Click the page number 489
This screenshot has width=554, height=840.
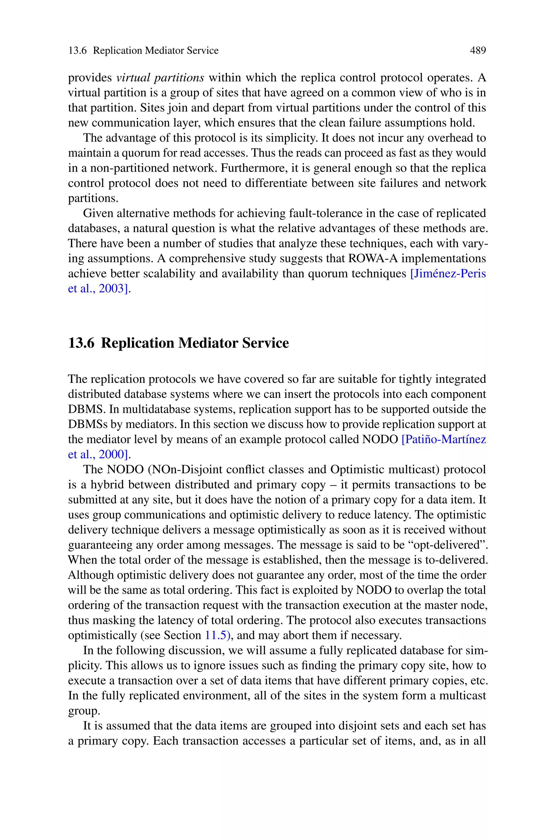(478, 51)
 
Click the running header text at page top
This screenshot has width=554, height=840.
(143, 51)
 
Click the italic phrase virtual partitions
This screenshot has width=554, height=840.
(160, 77)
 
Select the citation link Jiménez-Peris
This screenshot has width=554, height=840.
(448, 274)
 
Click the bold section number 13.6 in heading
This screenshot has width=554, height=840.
(81, 343)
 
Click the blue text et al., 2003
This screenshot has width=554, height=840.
(98, 289)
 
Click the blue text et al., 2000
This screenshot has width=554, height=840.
(98, 454)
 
